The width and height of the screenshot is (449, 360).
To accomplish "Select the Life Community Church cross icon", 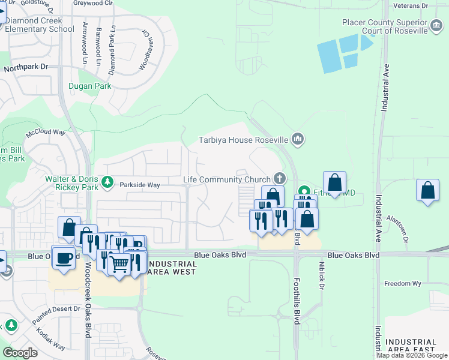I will (x=279, y=178).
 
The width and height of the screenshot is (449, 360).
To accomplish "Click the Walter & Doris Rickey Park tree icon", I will (x=107, y=181).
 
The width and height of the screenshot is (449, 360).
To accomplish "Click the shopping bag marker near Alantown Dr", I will (x=427, y=190).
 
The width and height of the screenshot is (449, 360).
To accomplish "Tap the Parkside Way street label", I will (x=139, y=185).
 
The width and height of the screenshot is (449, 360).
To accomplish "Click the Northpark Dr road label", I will (x=26, y=68).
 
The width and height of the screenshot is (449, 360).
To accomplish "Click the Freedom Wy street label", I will (x=402, y=284).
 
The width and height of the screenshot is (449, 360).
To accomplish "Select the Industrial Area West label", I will (x=171, y=268).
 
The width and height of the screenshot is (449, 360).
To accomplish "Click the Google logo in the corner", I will (x=20, y=353).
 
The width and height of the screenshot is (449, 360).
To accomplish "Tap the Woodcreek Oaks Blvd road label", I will (x=88, y=300).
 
